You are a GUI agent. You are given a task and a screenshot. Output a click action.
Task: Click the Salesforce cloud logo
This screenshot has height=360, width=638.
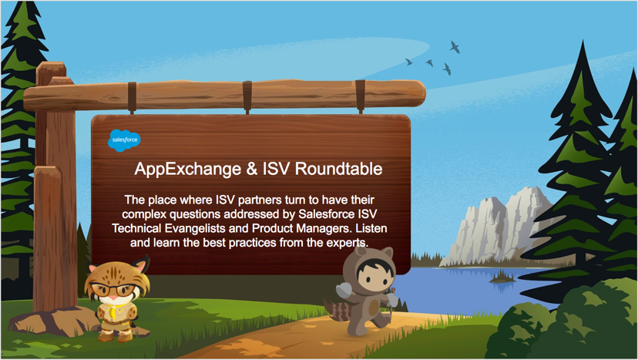tap(124, 140)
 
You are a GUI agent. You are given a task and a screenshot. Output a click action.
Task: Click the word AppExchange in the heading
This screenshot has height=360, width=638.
tap(187, 169)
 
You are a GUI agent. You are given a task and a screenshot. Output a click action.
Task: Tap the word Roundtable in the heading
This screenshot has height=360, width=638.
tap(338, 169)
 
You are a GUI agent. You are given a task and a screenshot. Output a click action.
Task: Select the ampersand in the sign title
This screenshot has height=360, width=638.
tap(252, 169)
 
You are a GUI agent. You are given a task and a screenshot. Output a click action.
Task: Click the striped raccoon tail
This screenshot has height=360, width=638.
tap(337, 310)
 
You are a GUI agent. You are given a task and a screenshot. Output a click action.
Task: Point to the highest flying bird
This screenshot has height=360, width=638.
tap(455, 47)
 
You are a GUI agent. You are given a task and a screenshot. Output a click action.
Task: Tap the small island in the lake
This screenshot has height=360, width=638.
tap(502, 278)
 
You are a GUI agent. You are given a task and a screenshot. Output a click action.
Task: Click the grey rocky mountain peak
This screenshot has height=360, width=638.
tap(499, 225)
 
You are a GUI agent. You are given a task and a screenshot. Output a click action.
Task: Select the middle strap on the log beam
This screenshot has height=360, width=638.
tap(247, 96)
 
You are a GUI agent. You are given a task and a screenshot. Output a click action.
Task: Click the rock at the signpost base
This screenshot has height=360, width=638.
tap(53, 321)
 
